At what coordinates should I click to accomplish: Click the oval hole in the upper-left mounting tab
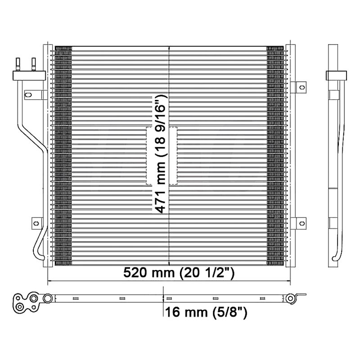tap(28, 94)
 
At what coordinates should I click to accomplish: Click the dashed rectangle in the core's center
tap(162, 156)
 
